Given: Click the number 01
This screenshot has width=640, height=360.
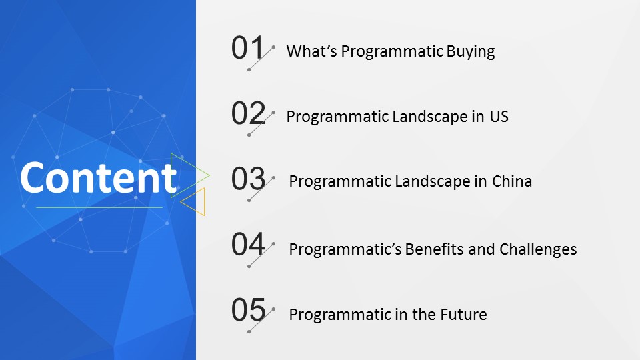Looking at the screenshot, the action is point(247,48).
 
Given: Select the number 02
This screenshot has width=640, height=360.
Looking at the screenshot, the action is point(248,113).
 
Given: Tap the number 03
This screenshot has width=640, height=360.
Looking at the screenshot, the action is point(248,179).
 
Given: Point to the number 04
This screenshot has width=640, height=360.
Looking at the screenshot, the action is point(248,244).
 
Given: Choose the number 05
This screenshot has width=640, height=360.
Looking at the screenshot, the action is point(248,310).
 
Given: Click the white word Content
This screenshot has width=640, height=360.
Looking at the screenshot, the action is point(99,177).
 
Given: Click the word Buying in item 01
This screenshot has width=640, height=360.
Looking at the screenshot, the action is point(471,52).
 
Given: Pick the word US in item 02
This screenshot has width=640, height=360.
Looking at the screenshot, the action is point(499,117).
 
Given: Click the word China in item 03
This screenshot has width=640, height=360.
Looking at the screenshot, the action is point(512,181).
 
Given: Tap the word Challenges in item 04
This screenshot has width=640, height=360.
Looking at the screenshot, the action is point(538,249).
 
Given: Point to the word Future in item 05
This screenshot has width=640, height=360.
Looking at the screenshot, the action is point(463,315).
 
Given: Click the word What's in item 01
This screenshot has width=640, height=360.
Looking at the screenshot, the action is point(311,51).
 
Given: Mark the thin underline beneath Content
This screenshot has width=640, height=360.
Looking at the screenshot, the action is point(99,207).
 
